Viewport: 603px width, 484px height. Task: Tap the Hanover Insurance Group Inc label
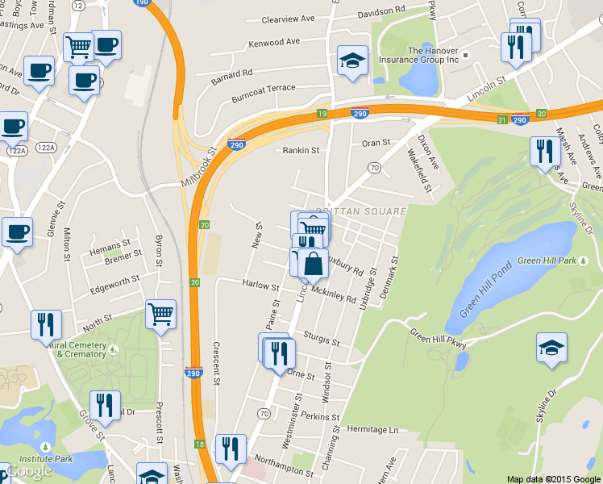(x=433, y=55)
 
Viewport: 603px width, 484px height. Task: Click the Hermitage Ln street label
(x=373, y=431)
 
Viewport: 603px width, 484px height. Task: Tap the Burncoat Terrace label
(x=263, y=88)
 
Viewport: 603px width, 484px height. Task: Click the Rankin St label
(x=301, y=150)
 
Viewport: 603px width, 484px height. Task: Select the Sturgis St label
(x=322, y=339)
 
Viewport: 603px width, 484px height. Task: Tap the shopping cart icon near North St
(x=161, y=315)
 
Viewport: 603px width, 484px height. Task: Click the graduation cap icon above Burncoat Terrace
(x=352, y=61)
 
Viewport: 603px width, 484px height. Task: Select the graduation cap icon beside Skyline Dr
(x=552, y=348)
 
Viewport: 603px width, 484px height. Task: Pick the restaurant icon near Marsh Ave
(x=545, y=151)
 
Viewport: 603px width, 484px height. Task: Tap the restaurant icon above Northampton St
(x=231, y=450)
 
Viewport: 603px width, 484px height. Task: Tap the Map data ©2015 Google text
(x=553, y=479)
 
